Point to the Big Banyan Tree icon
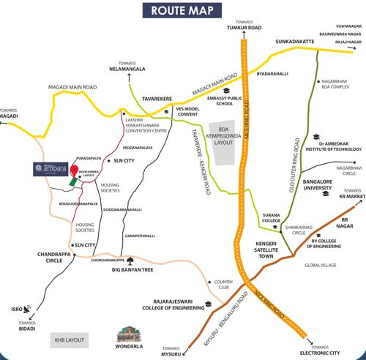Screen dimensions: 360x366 point(130,260)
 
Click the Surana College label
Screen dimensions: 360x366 point(272,218)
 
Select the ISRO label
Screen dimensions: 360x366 point(15,309)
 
